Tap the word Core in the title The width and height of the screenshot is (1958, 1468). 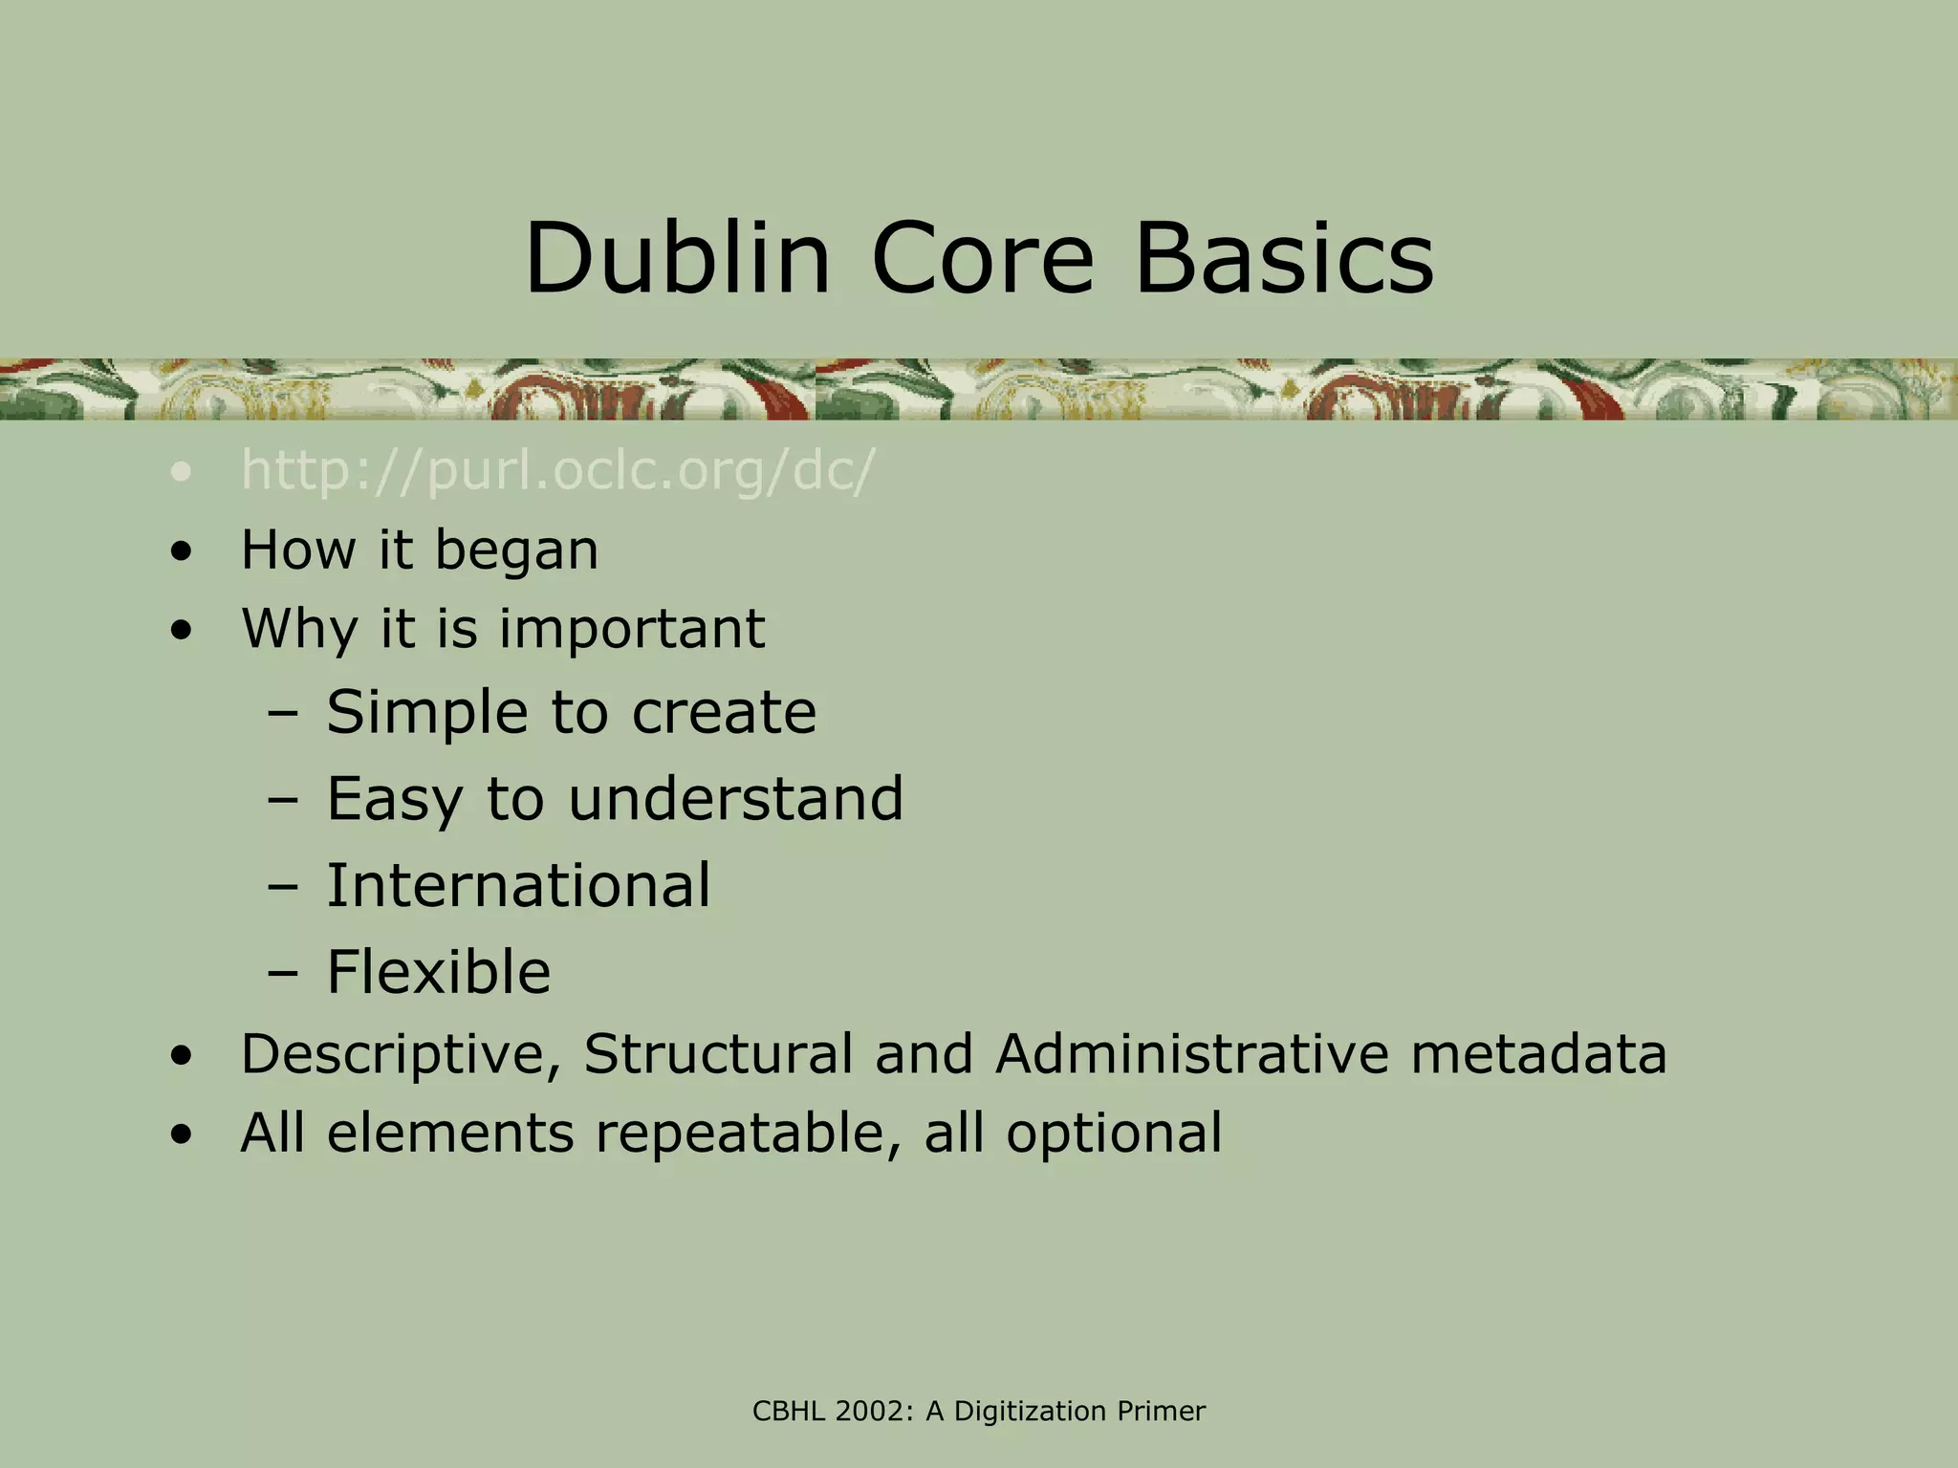point(982,258)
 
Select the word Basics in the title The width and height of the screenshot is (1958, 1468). point(1284,258)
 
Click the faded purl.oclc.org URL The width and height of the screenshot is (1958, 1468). point(557,471)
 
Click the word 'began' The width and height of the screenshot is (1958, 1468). point(516,551)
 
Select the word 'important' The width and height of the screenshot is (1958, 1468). point(632,630)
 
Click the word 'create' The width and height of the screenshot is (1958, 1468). point(724,713)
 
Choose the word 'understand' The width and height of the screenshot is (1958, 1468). point(735,799)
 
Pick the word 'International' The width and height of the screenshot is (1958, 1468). point(518,885)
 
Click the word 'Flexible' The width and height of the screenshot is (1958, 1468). point(438,972)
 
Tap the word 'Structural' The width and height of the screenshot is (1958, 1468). point(718,1054)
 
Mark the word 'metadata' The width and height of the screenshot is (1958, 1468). point(1538,1054)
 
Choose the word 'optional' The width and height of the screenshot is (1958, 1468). point(1114,1134)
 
